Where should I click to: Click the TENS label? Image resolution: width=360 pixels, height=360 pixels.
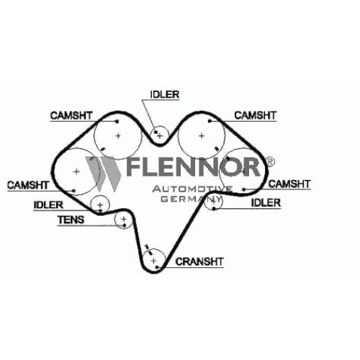click(71, 220)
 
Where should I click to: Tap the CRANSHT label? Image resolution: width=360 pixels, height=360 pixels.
click(199, 261)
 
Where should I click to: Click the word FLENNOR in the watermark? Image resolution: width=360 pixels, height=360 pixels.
click(193, 167)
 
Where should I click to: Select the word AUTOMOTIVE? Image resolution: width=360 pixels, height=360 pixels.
click(192, 189)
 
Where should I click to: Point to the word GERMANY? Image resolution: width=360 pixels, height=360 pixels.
click(191, 199)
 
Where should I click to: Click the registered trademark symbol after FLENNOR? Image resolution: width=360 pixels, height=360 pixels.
click(270, 161)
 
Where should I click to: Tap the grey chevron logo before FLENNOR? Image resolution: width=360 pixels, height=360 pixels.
click(103, 174)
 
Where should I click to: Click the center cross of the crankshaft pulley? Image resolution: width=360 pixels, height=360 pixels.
click(153, 261)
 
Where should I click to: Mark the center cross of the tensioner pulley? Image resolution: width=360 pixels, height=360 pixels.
click(124, 219)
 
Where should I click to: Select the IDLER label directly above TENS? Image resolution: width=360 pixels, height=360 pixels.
click(48, 205)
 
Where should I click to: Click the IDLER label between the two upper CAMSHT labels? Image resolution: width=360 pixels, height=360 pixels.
click(165, 94)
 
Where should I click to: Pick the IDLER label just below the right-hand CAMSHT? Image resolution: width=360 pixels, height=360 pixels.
click(266, 203)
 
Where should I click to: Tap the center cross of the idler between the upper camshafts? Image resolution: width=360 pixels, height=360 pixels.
click(160, 136)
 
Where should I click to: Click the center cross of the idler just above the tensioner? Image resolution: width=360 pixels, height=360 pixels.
click(100, 204)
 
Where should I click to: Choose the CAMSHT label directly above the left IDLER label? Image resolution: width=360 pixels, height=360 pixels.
click(28, 185)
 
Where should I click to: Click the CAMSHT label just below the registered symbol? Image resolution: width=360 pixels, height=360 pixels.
click(289, 184)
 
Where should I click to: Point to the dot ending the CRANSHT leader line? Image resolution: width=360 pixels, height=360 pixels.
click(157, 267)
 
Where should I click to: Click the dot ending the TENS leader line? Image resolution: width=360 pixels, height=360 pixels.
click(125, 225)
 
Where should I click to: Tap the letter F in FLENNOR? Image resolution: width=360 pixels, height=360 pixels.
click(134, 167)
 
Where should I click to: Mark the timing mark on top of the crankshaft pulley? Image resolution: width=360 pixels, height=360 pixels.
click(149, 250)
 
